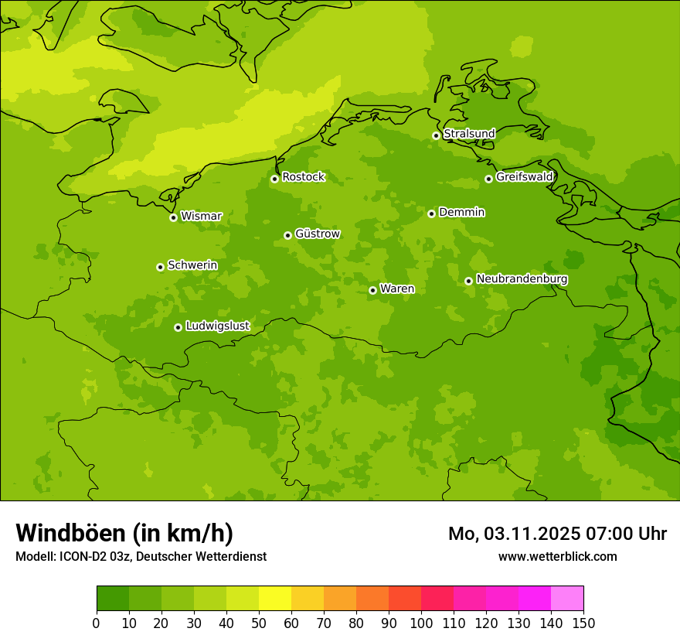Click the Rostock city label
(x=303, y=177)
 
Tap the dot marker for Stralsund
(x=436, y=135)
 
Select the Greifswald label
(x=524, y=177)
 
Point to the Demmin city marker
(x=431, y=213)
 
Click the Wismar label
(x=201, y=217)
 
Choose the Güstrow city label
(x=317, y=234)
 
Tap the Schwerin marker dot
(x=160, y=267)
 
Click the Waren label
(x=397, y=289)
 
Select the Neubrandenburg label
(x=522, y=279)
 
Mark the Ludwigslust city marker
(x=178, y=327)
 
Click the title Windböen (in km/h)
(x=124, y=533)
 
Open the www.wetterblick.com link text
(x=557, y=556)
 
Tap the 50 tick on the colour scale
(x=259, y=623)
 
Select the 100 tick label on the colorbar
(x=421, y=623)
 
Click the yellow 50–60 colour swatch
(x=275, y=599)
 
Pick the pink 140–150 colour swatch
(x=567, y=599)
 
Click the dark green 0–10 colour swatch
(x=113, y=599)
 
